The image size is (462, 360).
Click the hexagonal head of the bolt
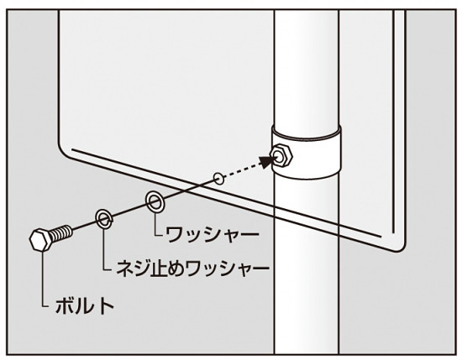(41, 240)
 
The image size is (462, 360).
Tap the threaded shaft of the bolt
(61, 232)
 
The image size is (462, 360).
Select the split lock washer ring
(104, 219)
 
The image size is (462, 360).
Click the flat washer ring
(155, 201)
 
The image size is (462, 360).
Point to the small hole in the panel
(219, 178)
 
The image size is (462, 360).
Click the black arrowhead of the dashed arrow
(266, 161)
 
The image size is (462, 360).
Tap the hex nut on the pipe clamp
(281, 156)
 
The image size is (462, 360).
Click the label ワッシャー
(213, 235)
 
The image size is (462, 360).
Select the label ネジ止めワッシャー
(193, 269)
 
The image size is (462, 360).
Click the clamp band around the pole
(307, 153)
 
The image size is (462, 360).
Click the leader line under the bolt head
(44, 279)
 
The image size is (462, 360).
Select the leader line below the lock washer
(103, 249)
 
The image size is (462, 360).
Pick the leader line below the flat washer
(155, 224)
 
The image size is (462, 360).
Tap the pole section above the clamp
(307, 69)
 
